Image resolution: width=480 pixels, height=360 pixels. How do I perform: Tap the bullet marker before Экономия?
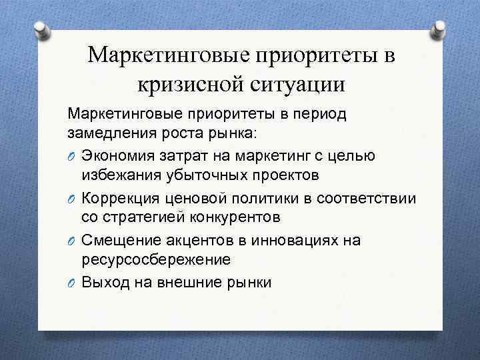(x=71, y=156)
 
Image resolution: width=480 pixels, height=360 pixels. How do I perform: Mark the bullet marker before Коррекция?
(x=71, y=199)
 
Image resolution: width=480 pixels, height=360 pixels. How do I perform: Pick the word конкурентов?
(x=227, y=217)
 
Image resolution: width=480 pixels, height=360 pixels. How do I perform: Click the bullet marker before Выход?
(x=71, y=283)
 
